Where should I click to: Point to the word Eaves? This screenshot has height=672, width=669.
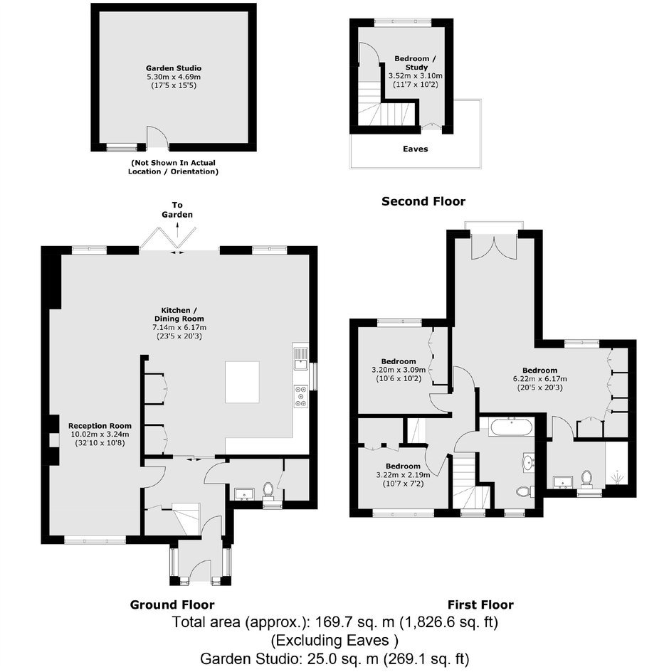click(415, 149)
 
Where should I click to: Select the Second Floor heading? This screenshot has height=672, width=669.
click(423, 201)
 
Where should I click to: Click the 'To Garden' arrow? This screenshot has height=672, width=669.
click(177, 230)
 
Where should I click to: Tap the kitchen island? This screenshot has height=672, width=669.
click(242, 382)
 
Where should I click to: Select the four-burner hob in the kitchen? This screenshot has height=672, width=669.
click(300, 396)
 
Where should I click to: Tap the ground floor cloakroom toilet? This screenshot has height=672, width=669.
click(268, 491)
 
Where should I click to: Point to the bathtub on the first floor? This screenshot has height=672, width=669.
click(511, 427)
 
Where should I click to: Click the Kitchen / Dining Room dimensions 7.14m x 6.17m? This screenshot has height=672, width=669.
click(179, 327)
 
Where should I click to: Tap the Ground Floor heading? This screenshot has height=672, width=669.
click(172, 604)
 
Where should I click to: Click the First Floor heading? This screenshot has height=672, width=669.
click(480, 604)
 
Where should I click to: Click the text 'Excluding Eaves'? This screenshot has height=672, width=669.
click(332, 640)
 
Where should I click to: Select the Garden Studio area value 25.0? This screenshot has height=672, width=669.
click(316, 658)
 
